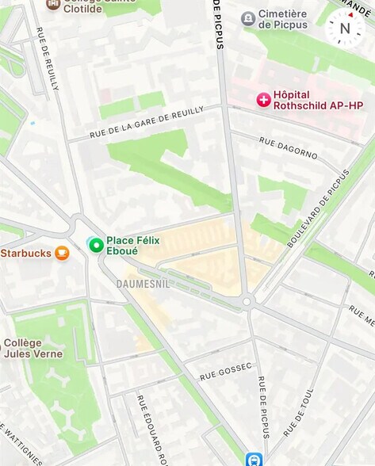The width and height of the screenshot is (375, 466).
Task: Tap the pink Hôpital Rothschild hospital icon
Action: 262,99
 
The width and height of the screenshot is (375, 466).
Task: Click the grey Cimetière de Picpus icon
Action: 248,17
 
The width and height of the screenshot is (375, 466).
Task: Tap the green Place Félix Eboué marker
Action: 96,245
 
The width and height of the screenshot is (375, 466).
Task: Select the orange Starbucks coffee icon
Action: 62,254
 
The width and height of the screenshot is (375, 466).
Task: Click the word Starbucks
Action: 26,254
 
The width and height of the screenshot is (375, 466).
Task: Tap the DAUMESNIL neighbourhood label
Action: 143,283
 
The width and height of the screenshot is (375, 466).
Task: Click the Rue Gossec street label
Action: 226,370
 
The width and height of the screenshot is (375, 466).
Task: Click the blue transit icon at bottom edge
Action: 254,459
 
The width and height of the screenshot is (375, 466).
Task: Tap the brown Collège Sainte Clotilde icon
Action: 53,4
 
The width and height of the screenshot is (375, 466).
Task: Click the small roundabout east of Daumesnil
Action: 247,301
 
